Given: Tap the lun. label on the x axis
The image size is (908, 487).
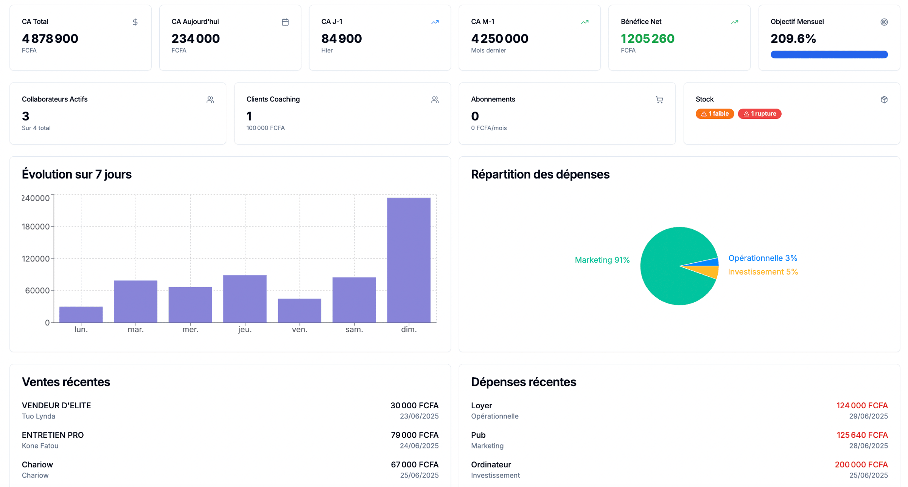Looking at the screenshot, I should tap(81, 330).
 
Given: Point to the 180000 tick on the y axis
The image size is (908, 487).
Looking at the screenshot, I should tap(36, 227).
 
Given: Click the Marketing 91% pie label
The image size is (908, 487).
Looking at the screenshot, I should tap(602, 260).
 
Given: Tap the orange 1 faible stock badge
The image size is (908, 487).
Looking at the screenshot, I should tap(714, 114).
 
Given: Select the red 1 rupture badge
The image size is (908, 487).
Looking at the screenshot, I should tap(759, 114).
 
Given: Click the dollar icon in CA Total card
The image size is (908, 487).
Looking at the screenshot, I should tap(135, 22).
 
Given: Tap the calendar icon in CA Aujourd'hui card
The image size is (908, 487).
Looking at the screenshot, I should tap(285, 22).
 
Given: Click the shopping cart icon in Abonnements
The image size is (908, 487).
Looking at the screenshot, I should tap(659, 100).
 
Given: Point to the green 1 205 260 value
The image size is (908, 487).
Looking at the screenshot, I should tap(647, 39).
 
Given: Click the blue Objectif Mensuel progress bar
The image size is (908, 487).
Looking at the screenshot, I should tap(829, 54).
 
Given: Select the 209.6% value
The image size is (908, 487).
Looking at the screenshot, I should tap(793, 39).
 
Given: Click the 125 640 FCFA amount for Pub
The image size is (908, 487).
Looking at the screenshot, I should tap(861, 435).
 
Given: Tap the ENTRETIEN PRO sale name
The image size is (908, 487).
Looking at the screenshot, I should tap(53, 435).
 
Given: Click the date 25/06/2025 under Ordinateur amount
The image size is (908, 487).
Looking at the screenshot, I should tap(868, 475).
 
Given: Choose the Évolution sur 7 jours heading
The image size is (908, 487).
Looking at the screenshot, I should tap(76, 174).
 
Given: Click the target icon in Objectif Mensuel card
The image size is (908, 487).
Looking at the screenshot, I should tap(884, 22).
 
